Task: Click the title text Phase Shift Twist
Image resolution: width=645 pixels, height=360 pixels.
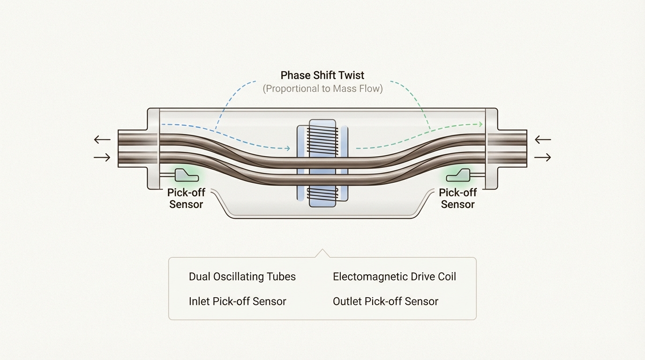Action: click(322, 75)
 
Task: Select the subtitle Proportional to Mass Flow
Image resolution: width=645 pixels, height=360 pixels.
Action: click(322, 88)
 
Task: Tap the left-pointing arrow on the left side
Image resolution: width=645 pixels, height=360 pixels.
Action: click(102, 139)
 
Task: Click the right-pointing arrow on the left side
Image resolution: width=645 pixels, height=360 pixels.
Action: click(102, 158)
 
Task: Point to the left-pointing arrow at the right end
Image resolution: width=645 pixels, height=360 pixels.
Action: click(543, 139)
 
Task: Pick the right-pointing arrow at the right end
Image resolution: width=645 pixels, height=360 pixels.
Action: click(543, 158)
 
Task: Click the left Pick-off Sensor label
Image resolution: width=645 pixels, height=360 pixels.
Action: click(186, 198)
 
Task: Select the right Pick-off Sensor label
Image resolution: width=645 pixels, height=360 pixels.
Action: click(457, 198)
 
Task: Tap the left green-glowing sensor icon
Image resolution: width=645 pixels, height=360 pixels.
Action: click(186, 176)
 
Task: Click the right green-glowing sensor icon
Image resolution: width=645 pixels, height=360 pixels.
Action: click(458, 176)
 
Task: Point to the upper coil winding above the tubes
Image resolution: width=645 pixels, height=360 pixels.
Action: click(322, 136)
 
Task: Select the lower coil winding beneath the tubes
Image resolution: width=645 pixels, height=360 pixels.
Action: click(322, 195)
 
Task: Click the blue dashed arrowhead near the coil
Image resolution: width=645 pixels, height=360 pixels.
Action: click(287, 149)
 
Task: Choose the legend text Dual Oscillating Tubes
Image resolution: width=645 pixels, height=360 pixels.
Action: click(242, 277)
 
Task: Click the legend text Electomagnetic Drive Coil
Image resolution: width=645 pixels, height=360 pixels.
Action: click(394, 277)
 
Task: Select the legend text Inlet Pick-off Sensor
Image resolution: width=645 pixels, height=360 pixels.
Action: click(237, 301)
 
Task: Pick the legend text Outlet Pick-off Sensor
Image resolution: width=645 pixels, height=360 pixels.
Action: click(385, 301)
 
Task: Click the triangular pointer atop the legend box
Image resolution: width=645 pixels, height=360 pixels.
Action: click(322, 254)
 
